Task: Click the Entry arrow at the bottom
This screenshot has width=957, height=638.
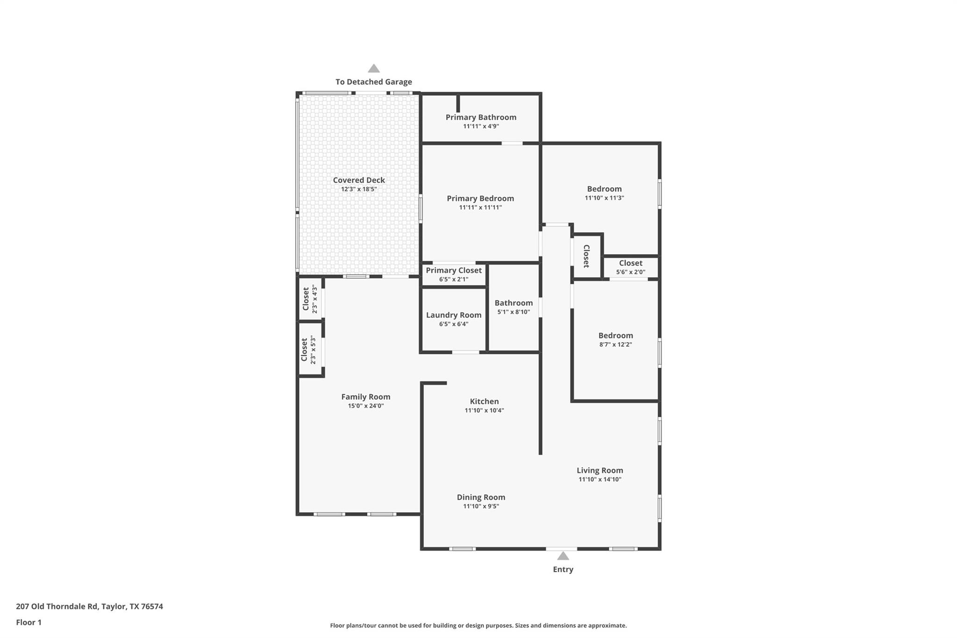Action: click(563, 556)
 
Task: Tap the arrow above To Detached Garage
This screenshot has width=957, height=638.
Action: click(373, 69)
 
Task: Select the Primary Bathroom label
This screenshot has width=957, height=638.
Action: click(481, 117)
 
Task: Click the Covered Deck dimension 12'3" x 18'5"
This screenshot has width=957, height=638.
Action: click(359, 189)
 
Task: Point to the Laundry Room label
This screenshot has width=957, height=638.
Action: click(453, 315)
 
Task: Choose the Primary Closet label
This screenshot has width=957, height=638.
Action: click(453, 270)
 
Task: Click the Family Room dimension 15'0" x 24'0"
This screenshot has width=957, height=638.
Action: click(365, 406)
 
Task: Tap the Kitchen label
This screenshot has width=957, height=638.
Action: click(484, 401)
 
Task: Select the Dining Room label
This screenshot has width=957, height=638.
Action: click(481, 497)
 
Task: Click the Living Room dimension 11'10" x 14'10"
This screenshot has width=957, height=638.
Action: click(600, 479)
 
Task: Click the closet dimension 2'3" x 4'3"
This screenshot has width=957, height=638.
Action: click(315, 299)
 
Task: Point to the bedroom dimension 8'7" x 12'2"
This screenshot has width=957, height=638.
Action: click(615, 344)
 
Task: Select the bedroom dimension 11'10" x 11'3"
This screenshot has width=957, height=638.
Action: click(604, 198)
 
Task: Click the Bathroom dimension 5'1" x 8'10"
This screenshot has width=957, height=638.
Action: click(514, 312)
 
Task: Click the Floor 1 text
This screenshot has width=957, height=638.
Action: click(29, 622)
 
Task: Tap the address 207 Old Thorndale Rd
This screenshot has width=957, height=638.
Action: click(89, 606)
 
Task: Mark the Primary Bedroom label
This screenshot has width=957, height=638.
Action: click(480, 198)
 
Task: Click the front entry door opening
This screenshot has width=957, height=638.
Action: click(561, 548)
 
